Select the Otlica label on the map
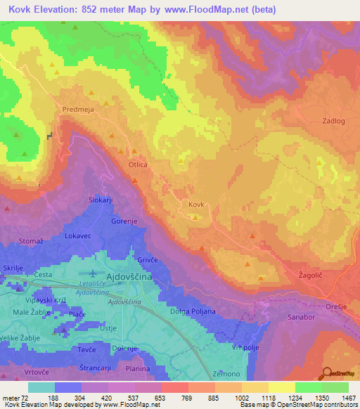137,164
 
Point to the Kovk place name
196,204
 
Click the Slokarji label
101,200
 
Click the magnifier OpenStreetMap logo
327,372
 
